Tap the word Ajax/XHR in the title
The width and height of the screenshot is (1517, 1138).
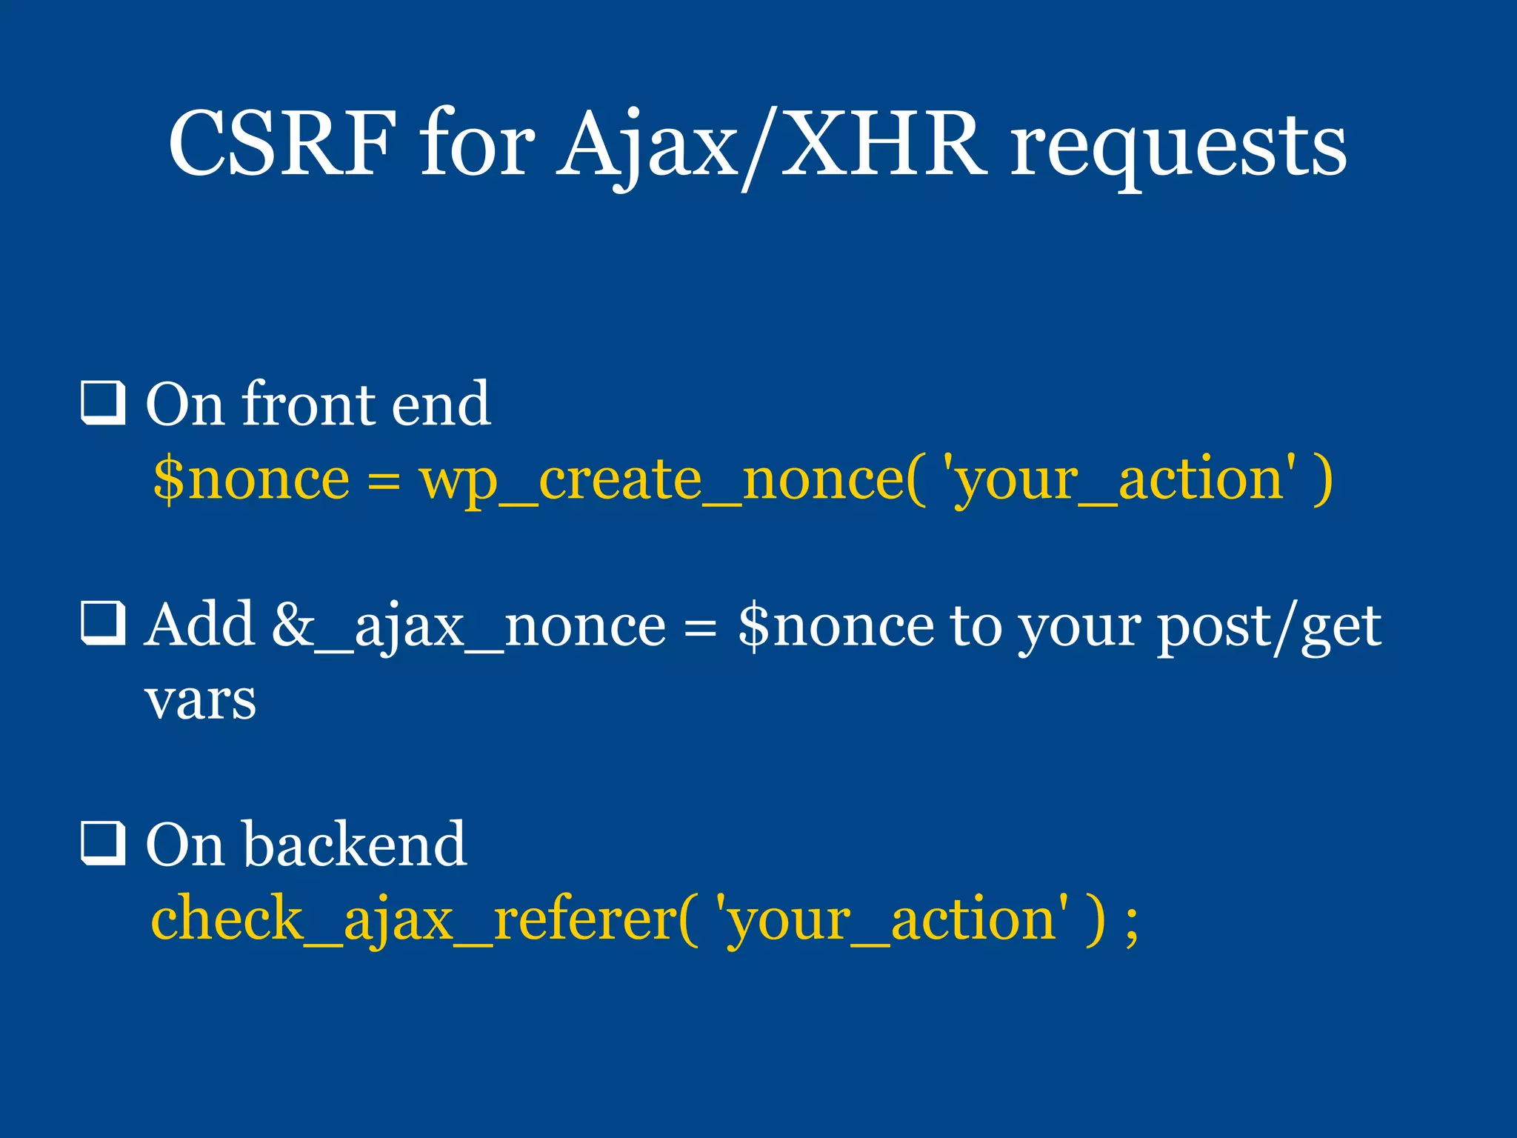pos(772,144)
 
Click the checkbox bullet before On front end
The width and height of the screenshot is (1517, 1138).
pos(103,403)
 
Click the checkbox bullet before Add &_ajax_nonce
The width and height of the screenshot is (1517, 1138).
pos(103,622)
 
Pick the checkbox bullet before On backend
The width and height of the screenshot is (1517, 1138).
pos(103,842)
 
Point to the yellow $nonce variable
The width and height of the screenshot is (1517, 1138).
pos(251,479)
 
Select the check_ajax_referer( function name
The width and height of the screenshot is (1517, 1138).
pos(424,919)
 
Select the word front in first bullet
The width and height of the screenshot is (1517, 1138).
pos(309,405)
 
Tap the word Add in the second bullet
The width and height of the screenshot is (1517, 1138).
pos(199,625)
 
